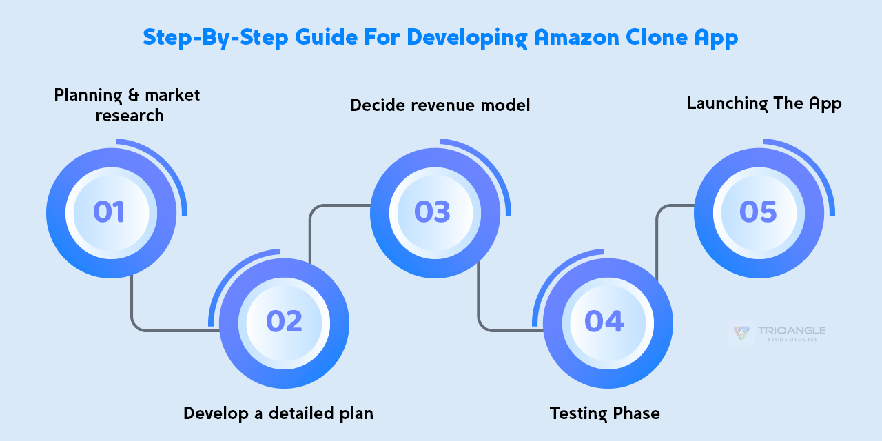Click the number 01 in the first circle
pos(109,212)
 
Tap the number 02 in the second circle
pos(284,321)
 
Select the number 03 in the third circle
pos(433,212)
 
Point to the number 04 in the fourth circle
pos(604,321)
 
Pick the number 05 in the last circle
pos(758,212)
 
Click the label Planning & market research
pos(127,105)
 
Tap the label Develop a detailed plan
pos(278,413)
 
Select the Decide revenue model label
pos(440,105)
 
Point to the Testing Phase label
pos(604,413)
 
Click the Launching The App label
pos(764,103)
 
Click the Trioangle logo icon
pos(741,333)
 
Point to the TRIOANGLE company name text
pos(792,331)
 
